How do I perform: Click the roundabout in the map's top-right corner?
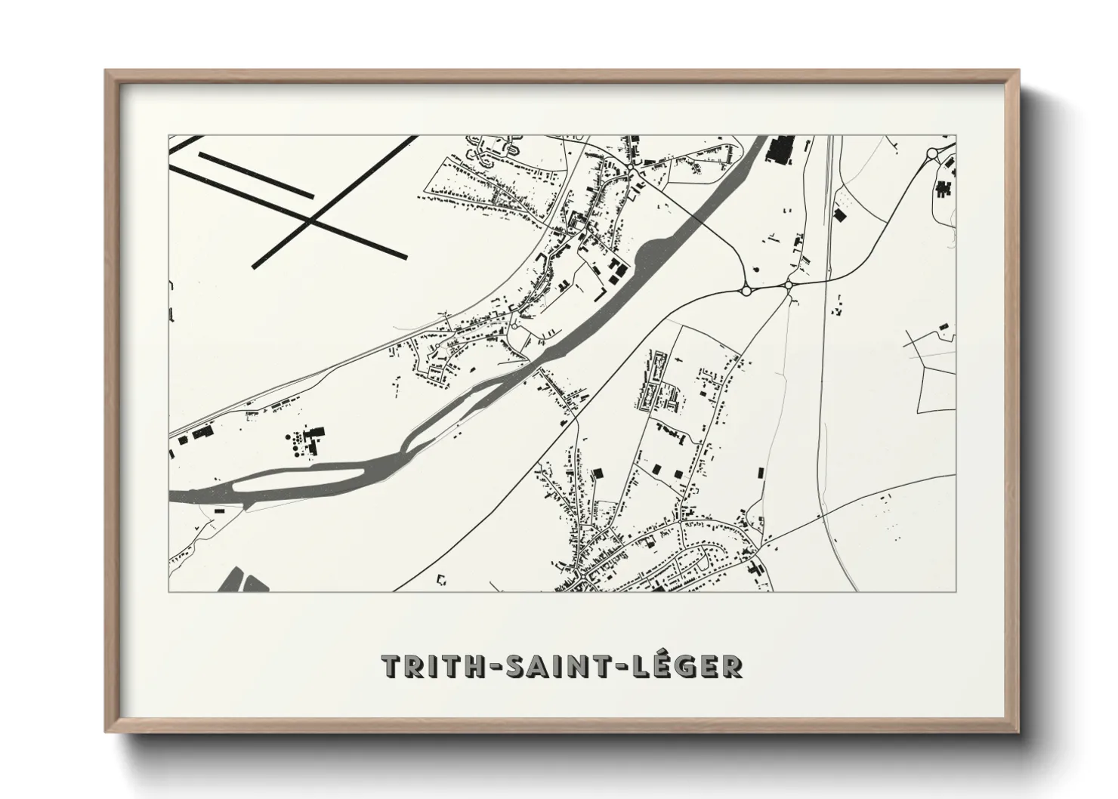point(933,154)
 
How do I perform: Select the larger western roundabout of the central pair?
point(746,290)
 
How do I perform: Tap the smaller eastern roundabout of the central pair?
point(788,285)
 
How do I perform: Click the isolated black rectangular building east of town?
point(760,473)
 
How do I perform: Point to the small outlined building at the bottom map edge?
point(442,581)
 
